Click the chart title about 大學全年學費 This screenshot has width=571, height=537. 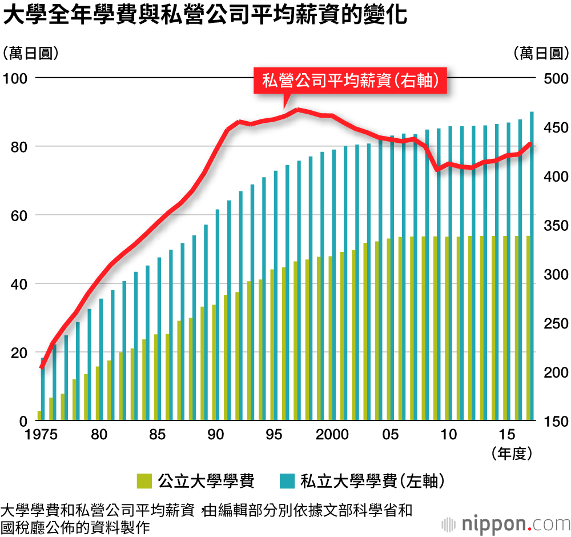tap(205, 16)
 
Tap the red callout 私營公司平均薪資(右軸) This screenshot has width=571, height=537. tap(350, 81)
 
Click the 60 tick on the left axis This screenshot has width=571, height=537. tap(17, 215)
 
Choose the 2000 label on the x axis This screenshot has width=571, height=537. tap(332, 435)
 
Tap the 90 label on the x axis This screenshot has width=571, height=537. tap(216, 435)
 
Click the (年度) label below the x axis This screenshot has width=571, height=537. tap(512, 454)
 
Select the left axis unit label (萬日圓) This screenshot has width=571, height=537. tap(31, 54)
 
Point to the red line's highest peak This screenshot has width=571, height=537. tap(297, 109)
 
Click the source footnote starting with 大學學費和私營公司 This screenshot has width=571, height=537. tap(206, 517)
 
